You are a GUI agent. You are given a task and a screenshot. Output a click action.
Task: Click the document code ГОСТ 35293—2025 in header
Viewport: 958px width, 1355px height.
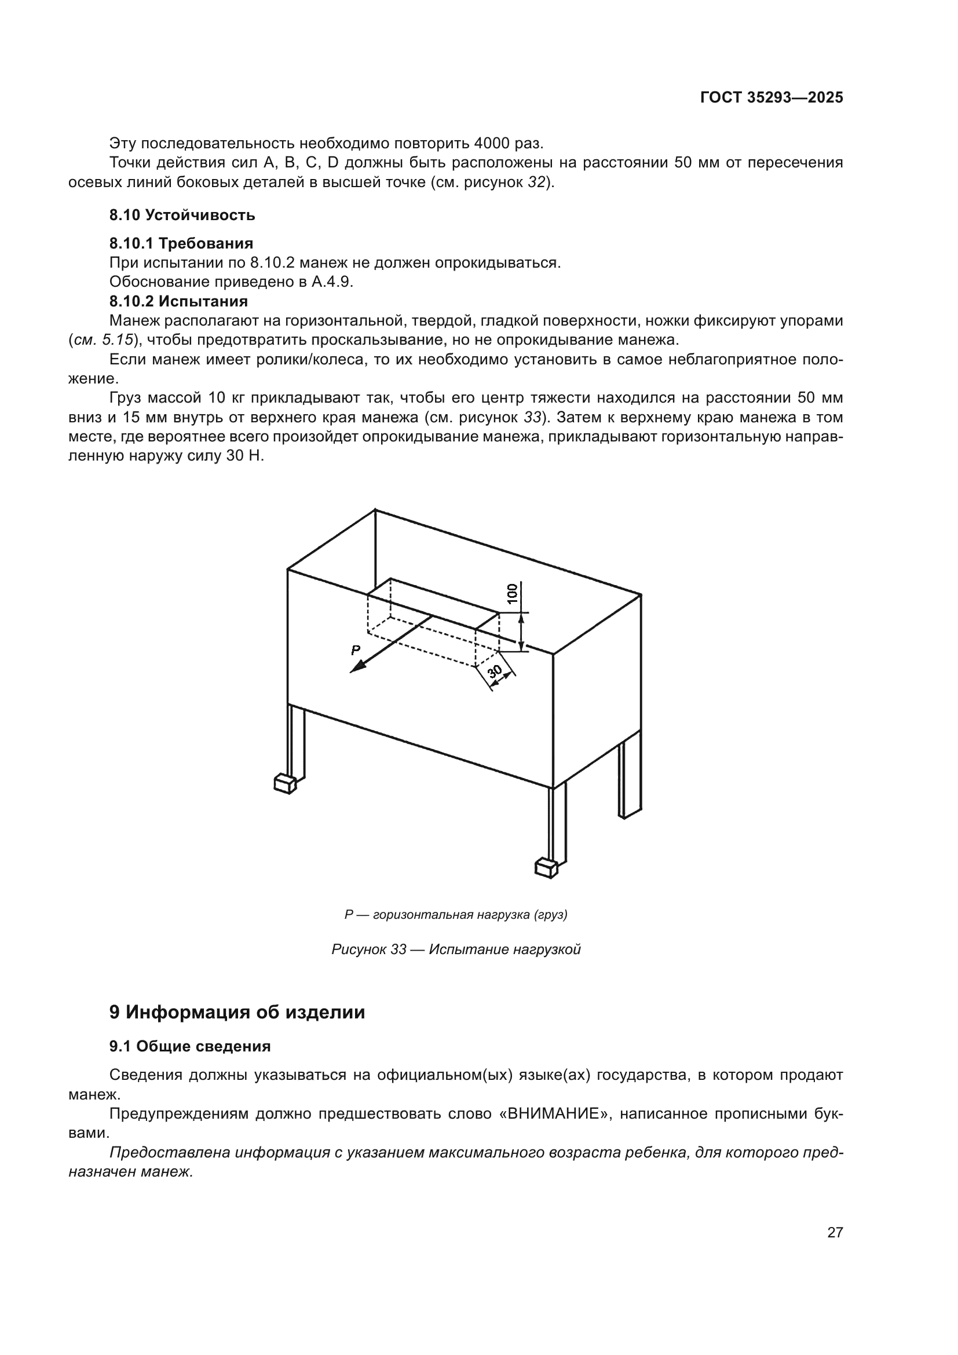[771, 97]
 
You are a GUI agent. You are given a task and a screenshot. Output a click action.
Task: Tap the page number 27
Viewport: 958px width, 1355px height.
[835, 1232]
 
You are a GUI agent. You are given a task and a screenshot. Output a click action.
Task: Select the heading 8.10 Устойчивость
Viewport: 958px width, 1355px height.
[182, 215]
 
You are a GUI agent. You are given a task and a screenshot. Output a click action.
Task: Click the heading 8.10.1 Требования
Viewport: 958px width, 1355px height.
[181, 243]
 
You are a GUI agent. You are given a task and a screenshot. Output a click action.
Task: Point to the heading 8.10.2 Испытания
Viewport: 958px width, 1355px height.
[178, 301]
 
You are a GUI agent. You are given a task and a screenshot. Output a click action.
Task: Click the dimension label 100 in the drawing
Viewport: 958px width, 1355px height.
[512, 593]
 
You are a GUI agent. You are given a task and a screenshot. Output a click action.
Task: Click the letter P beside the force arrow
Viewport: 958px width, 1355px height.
[355, 651]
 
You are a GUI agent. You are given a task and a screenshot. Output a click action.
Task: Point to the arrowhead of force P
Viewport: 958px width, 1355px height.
[356, 668]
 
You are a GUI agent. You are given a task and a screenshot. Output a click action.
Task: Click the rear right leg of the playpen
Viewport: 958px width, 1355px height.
[630, 779]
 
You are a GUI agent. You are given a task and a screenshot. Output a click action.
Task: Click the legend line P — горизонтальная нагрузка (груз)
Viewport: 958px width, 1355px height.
[456, 915]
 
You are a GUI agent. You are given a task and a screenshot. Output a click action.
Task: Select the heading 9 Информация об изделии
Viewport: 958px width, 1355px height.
[236, 1012]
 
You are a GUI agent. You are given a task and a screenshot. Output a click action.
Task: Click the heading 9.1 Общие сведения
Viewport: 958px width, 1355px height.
[189, 1046]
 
